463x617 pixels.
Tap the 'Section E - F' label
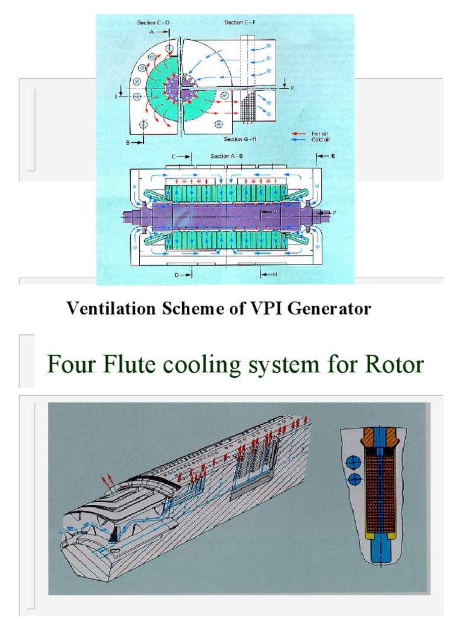pyautogui.click(x=241, y=22)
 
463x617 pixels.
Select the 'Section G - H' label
pyautogui.click(x=241, y=139)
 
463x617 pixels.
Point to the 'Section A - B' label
pyautogui.click(x=228, y=156)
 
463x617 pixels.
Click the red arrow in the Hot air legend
pyautogui.click(x=299, y=133)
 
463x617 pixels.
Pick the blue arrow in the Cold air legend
pyautogui.click(x=299, y=139)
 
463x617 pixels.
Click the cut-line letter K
pyautogui.click(x=292, y=88)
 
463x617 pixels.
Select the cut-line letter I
pyautogui.click(x=116, y=95)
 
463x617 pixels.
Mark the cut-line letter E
pyautogui.click(x=332, y=155)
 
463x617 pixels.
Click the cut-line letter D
pyautogui.click(x=178, y=275)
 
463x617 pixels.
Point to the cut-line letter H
pyautogui.click(x=274, y=275)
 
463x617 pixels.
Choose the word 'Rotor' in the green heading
pyautogui.click(x=394, y=364)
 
